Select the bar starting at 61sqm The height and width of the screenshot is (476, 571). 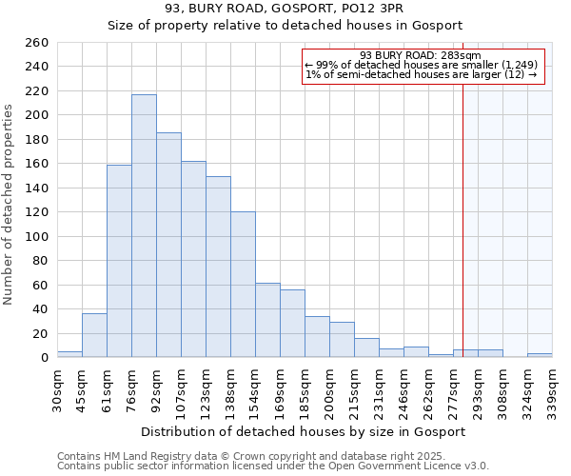click(119, 261)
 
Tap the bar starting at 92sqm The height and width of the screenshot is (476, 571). click(168, 245)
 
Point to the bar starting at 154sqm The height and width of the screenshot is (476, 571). click(267, 320)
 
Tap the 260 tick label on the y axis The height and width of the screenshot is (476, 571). click(37, 43)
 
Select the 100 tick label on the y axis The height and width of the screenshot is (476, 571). click(37, 237)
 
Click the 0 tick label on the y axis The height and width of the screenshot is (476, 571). click(44, 358)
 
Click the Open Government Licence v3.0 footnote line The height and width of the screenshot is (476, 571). click(272, 466)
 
